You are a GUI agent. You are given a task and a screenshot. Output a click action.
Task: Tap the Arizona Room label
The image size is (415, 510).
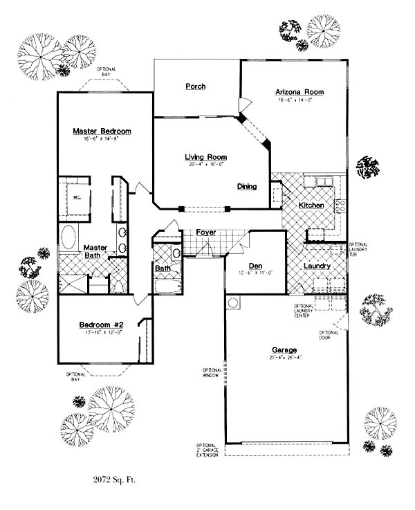pos(299,92)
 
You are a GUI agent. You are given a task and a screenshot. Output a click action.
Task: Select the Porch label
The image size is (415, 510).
pos(196,86)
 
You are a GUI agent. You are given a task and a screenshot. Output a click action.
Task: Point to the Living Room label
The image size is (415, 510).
pos(206,157)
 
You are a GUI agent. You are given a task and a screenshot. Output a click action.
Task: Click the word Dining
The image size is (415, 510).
pos(247,186)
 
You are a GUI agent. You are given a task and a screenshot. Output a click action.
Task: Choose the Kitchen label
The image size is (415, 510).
pos(311,206)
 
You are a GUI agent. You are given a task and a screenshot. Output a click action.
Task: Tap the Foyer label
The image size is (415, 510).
pos(206,232)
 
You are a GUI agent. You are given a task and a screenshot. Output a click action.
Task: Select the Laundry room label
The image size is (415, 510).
pos(317,266)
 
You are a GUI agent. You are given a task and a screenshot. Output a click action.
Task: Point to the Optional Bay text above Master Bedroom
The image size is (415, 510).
pos(106,71)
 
